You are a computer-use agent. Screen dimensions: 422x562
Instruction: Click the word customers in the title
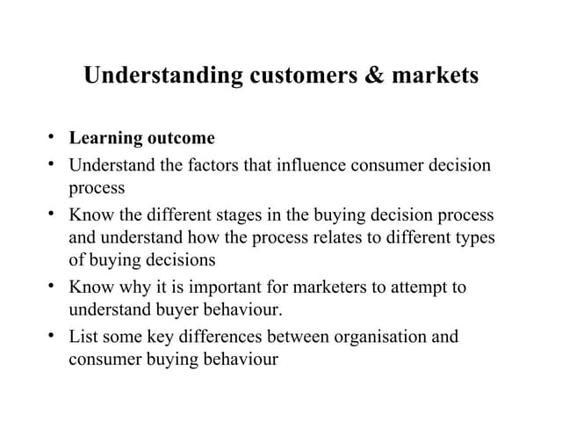(x=299, y=76)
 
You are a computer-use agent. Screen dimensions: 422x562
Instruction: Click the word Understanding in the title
(x=162, y=76)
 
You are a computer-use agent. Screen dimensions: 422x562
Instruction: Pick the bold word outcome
(x=182, y=138)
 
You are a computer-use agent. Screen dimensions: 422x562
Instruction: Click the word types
(x=472, y=237)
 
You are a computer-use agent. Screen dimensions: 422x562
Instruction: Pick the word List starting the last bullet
(x=83, y=337)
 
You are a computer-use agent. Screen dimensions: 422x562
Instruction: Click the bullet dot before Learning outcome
(x=53, y=137)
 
